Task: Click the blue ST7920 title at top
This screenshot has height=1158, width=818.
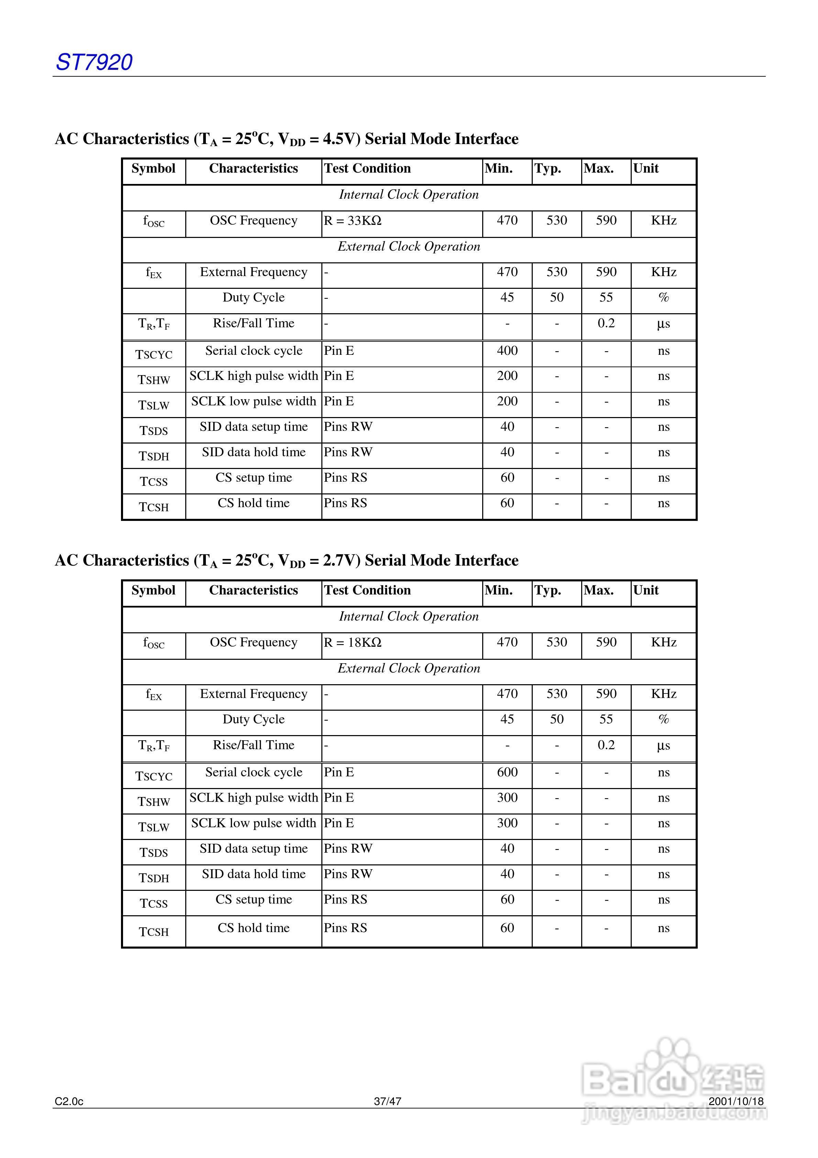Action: pyautogui.click(x=94, y=62)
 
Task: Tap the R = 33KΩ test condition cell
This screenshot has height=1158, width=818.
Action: pyautogui.click(x=353, y=221)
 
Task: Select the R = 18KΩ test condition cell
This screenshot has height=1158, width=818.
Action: pyautogui.click(x=353, y=643)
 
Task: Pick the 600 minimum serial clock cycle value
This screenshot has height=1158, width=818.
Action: pyautogui.click(x=507, y=772)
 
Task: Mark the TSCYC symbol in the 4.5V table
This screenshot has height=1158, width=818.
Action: pyautogui.click(x=154, y=354)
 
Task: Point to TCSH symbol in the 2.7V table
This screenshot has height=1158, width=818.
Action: pyautogui.click(x=154, y=931)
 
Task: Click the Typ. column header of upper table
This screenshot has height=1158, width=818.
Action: pyautogui.click(x=548, y=168)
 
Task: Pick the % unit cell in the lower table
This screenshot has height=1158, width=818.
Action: pyautogui.click(x=663, y=719)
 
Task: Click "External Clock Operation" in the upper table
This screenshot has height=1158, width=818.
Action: pyautogui.click(x=409, y=247)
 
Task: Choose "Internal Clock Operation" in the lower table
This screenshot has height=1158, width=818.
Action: pyautogui.click(x=409, y=616)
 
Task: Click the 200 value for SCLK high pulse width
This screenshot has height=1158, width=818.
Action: pyautogui.click(x=507, y=376)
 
